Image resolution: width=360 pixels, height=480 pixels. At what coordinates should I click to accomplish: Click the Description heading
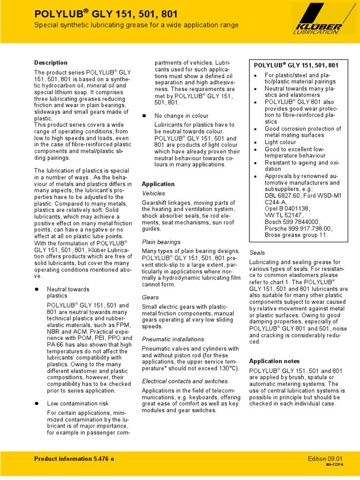(51, 63)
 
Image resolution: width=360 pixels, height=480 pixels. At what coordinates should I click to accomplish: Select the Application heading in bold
(158, 184)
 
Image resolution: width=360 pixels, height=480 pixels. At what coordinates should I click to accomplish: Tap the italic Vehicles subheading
(153, 193)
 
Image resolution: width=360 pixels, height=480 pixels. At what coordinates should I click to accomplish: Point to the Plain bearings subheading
(161, 242)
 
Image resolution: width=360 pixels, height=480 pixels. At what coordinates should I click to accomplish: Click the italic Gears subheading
(150, 297)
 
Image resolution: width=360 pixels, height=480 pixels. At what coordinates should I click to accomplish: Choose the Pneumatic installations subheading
(173, 339)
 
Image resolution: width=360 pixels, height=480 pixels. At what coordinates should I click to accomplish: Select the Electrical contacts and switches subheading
(185, 381)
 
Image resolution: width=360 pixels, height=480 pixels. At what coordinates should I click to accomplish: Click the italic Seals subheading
(257, 252)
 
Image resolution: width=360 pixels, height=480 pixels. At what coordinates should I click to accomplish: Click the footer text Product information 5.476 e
(74, 459)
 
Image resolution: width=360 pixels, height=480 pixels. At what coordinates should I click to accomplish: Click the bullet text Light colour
(280, 142)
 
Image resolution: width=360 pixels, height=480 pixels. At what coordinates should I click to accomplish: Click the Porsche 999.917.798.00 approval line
(298, 228)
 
